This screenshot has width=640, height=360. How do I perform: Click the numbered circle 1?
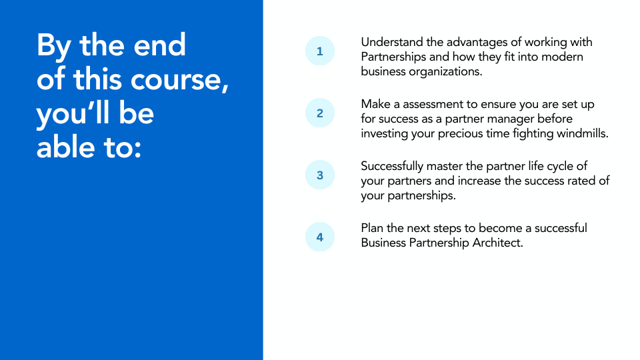click(x=320, y=51)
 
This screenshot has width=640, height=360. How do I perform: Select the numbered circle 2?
click(x=320, y=113)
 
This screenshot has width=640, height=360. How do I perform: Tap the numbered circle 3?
click(x=320, y=175)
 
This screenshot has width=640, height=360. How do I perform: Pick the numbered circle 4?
click(x=320, y=237)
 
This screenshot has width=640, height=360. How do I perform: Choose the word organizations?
click(x=442, y=71)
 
